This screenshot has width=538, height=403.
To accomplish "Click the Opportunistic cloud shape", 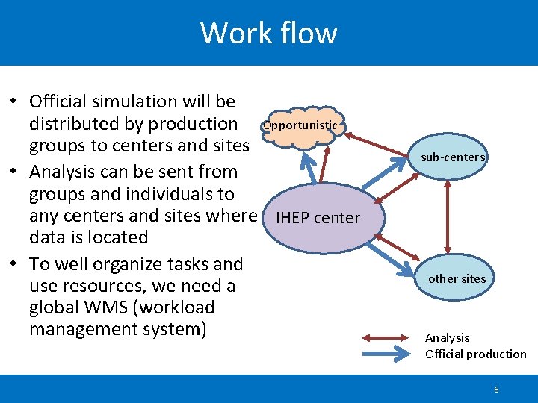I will tap(301, 126).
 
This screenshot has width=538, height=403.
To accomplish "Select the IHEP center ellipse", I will tap(318, 219).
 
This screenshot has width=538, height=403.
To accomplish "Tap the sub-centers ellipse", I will tap(453, 157).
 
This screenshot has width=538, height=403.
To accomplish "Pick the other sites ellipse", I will tap(457, 278).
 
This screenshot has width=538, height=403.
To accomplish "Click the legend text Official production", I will tap(475, 354).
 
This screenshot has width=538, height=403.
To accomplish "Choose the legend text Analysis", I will tap(447, 338).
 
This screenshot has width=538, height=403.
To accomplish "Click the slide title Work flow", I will tap(268, 33).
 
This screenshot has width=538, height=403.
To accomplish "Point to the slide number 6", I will tap(496, 390).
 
